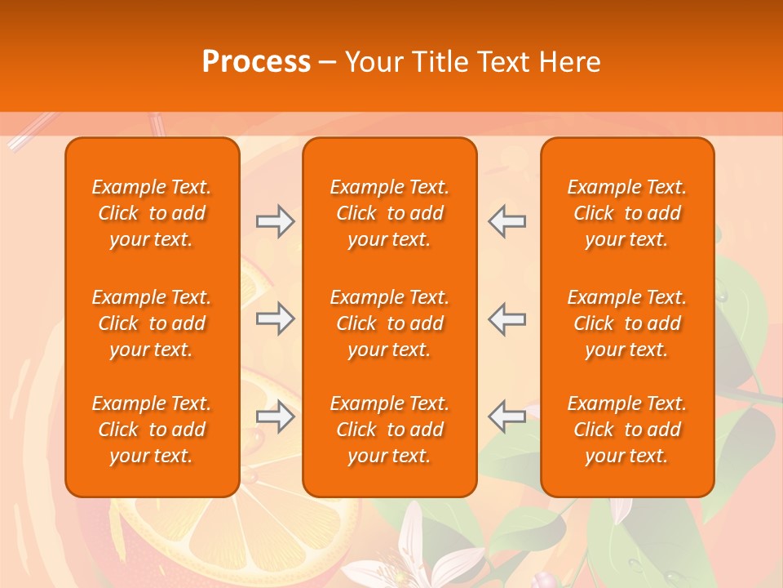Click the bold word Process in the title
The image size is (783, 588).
coord(256,62)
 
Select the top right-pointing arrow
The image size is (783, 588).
coord(275,221)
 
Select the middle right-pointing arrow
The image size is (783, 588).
coord(275,318)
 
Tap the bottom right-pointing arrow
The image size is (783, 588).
coord(275,416)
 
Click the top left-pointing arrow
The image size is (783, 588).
coord(507,221)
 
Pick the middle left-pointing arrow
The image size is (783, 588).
coord(507,318)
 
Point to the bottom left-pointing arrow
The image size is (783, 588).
coord(507,416)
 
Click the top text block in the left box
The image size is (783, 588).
coord(152,213)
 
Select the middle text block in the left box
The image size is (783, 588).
coord(152,323)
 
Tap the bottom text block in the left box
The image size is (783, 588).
coord(152,430)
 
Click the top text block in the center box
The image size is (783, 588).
coord(389,213)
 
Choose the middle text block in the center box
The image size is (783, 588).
coord(389,323)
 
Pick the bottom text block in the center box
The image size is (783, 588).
coord(389,430)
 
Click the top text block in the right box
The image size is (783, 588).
coord(627,213)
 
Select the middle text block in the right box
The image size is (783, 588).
coord(627,323)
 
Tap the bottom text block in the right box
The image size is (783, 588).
coord(627,430)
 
